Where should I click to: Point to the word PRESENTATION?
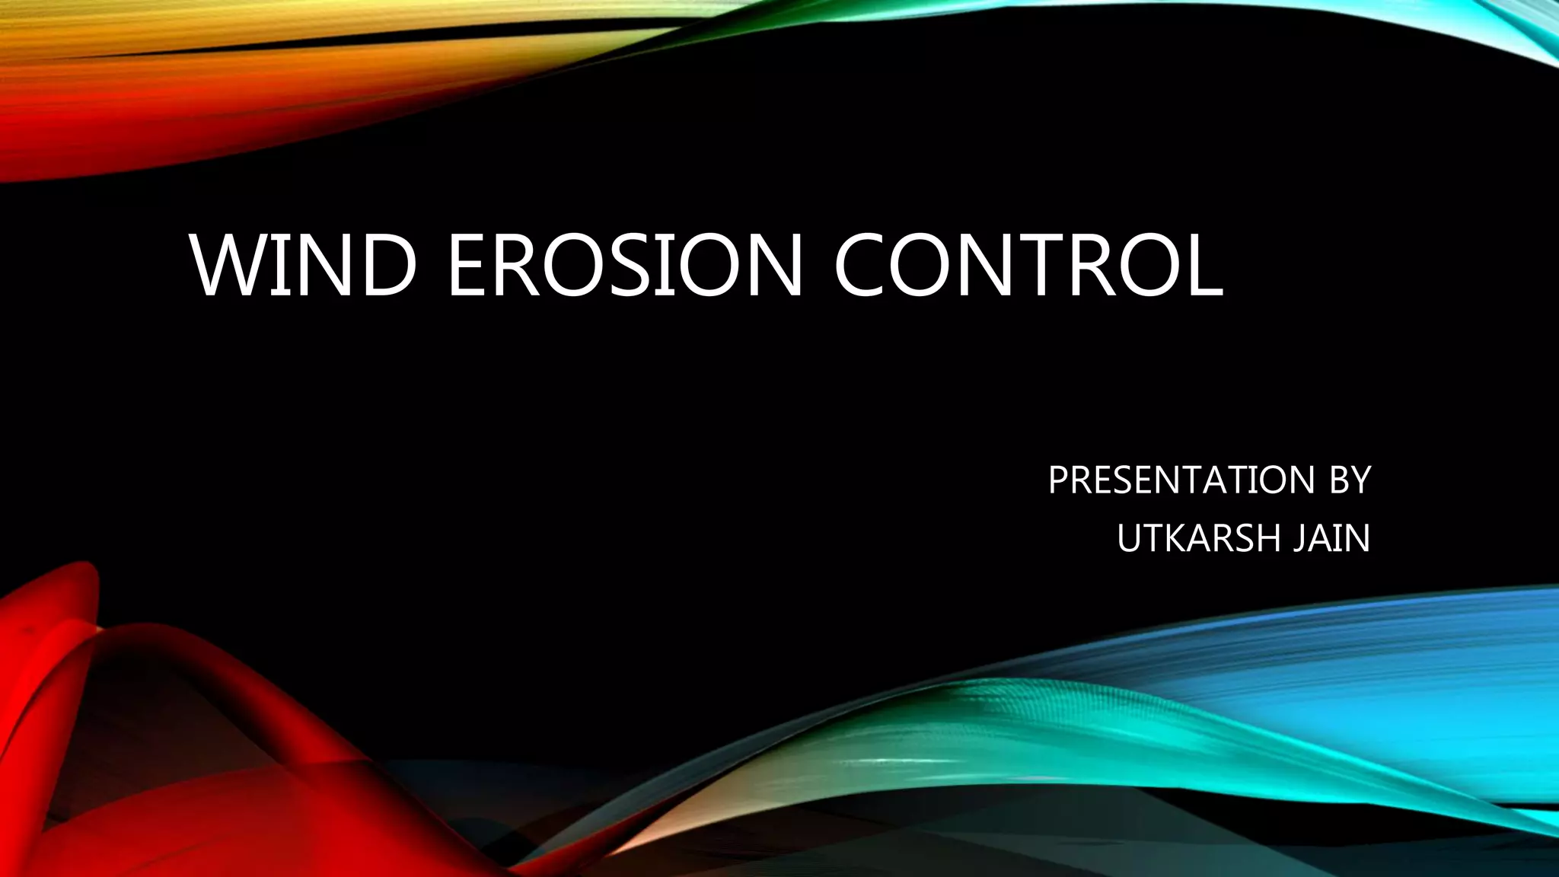[1181, 480]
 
